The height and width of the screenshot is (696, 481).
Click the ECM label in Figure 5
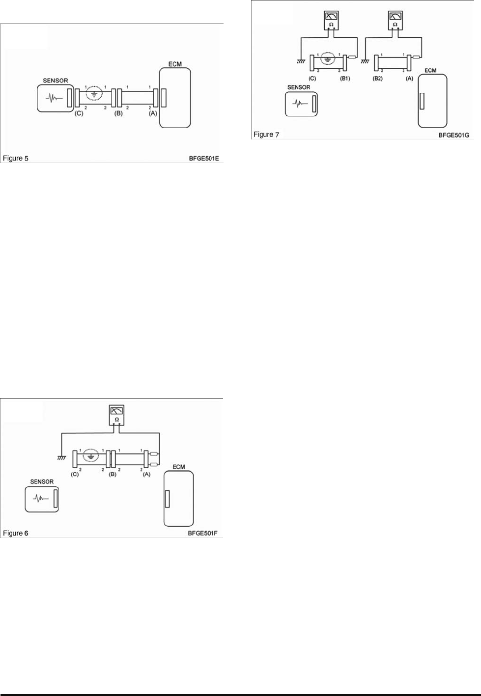pyautogui.click(x=175, y=64)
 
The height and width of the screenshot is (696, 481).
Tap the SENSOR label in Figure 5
pyautogui.click(x=56, y=80)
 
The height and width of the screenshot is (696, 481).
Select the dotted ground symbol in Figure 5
pyautogui.click(x=94, y=93)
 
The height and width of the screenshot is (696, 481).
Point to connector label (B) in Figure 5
pyautogui.click(x=118, y=113)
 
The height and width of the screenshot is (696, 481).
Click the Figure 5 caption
pyautogui.click(x=16, y=159)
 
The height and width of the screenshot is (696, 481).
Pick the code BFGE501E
pyautogui.click(x=204, y=159)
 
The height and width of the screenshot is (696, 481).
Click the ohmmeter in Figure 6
pyautogui.click(x=116, y=415)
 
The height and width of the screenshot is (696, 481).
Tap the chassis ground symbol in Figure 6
pyautogui.click(x=61, y=457)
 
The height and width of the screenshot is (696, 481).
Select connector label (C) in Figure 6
pyautogui.click(x=75, y=475)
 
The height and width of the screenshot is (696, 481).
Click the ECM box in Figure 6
pyautogui.click(x=179, y=499)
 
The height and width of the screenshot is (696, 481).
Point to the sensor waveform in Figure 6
pyautogui.click(x=41, y=499)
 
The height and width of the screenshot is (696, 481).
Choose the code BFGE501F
pyautogui.click(x=203, y=534)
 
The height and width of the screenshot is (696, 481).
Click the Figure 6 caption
pyautogui.click(x=16, y=534)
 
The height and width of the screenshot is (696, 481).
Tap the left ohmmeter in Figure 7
pyautogui.click(x=331, y=21)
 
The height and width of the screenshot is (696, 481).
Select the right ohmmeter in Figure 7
pyautogui.click(x=395, y=21)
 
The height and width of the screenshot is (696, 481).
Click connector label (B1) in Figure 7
pyautogui.click(x=345, y=79)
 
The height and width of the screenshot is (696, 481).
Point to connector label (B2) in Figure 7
pyautogui.click(x=378, y=79)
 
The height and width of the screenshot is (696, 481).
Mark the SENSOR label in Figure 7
pyautogui.click(x=299, y=87)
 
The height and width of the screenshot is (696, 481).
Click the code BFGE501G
pyautogui.click(x=454, y=135)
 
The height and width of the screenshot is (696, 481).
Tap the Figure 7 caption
pyautogui.click(x=266, y=134)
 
